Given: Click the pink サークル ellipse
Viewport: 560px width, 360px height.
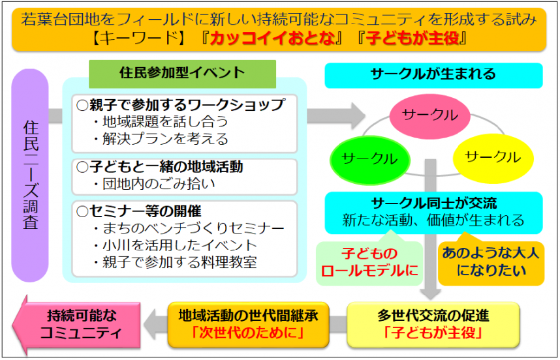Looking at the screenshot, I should (431, 115).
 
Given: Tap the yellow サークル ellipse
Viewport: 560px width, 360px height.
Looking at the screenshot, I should (492, 157).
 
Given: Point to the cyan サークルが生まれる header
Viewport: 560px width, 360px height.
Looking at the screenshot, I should (433, 75).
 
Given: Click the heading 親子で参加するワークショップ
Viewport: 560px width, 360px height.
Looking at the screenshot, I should (181, 104).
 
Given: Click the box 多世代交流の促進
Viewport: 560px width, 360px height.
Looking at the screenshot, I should (433, 324).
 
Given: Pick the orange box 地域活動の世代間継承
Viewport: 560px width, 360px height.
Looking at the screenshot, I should (247, 324).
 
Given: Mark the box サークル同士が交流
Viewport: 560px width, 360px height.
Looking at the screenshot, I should (433, 211).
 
